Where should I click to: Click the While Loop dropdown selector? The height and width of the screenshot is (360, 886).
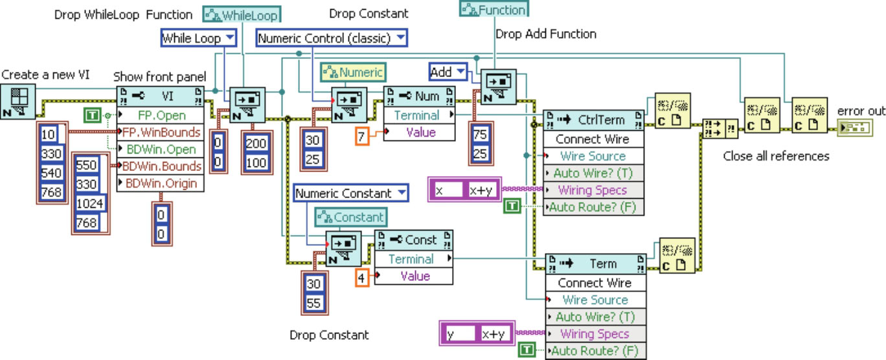(x=199, y=39)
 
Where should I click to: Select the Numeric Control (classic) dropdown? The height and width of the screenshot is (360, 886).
(x=332, y=39)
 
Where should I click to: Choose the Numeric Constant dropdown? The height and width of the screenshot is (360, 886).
(x=350, y=193)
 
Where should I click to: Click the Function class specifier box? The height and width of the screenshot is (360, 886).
(x=494, y=9)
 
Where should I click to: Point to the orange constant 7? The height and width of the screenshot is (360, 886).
(x=362, y=136)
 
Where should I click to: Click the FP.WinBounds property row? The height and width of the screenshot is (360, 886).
(x=160, y=133)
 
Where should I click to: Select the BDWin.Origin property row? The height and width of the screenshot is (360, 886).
(x=160, y=183)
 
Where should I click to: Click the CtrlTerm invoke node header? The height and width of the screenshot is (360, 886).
(x=593, y=120)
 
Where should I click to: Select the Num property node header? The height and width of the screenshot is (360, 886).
(x=418, y=96)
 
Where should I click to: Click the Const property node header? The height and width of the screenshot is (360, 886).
(x=413, y=240)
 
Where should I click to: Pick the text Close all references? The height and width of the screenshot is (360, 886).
(x=776, y=156)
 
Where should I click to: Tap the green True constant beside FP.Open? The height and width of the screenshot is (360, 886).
(x=93, y=116)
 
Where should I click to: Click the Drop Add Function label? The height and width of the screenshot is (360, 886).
(x=545, y=34)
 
